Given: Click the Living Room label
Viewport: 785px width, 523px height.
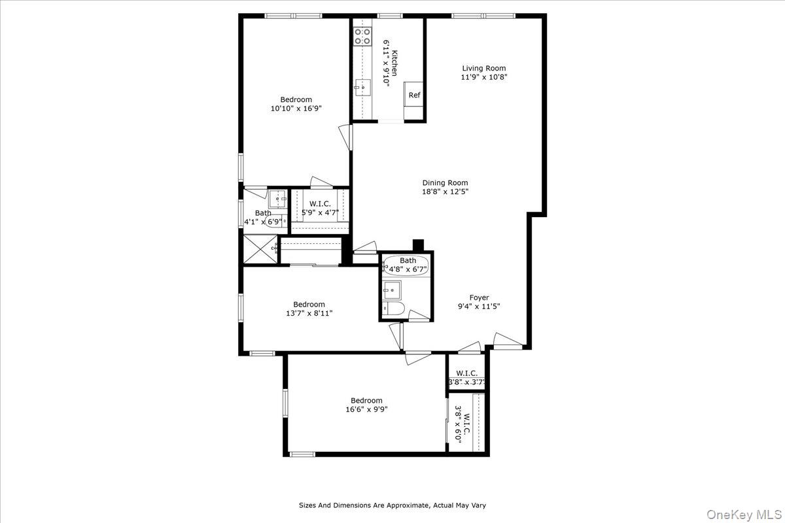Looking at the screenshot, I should point(483,68).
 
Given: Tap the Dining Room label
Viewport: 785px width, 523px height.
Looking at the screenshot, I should point(445,183).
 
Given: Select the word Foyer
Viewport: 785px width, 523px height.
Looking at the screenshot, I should point(480,297).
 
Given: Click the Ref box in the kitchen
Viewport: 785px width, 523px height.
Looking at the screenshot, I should point(414,95).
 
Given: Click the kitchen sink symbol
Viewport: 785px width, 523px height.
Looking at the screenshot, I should point(362,87).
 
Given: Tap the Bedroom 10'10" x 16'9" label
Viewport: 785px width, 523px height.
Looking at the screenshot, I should point(296,100).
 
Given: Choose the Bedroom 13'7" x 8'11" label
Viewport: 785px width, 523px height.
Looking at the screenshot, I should point(309,305).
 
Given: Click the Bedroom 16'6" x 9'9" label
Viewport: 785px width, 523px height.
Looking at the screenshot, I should point(366,401).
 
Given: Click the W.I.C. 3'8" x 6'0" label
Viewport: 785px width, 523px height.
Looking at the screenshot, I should point(462,425).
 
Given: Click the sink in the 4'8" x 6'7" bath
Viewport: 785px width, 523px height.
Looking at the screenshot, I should point(392,289).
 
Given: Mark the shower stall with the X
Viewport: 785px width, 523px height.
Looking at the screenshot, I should point(260,248).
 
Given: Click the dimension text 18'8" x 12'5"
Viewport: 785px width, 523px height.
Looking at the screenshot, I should point(445,192).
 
